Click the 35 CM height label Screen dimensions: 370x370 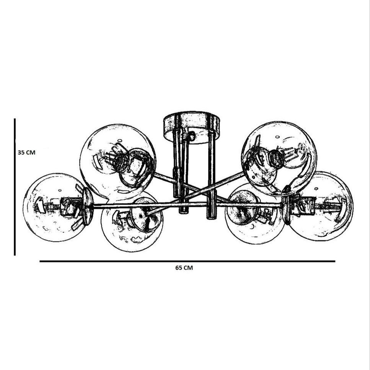(26, 152)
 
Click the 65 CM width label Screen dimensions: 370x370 (184, 268)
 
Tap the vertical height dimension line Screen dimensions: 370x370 (15, 187)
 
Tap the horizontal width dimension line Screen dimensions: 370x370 (187, 261)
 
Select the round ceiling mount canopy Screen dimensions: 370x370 (192, 127)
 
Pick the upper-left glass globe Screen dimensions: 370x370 (118, 160)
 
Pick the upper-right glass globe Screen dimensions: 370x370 (279, 158)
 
